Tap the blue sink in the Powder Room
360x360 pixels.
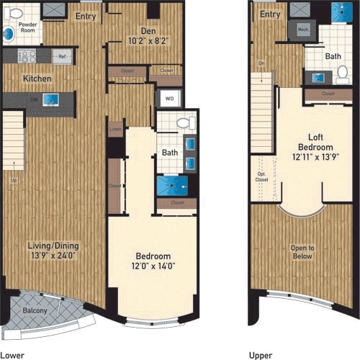point(9,33)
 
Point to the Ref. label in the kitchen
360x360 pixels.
point(63,57)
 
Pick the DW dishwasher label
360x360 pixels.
point(34,99)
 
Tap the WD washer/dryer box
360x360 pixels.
point(168,99)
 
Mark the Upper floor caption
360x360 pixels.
point(261,354)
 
